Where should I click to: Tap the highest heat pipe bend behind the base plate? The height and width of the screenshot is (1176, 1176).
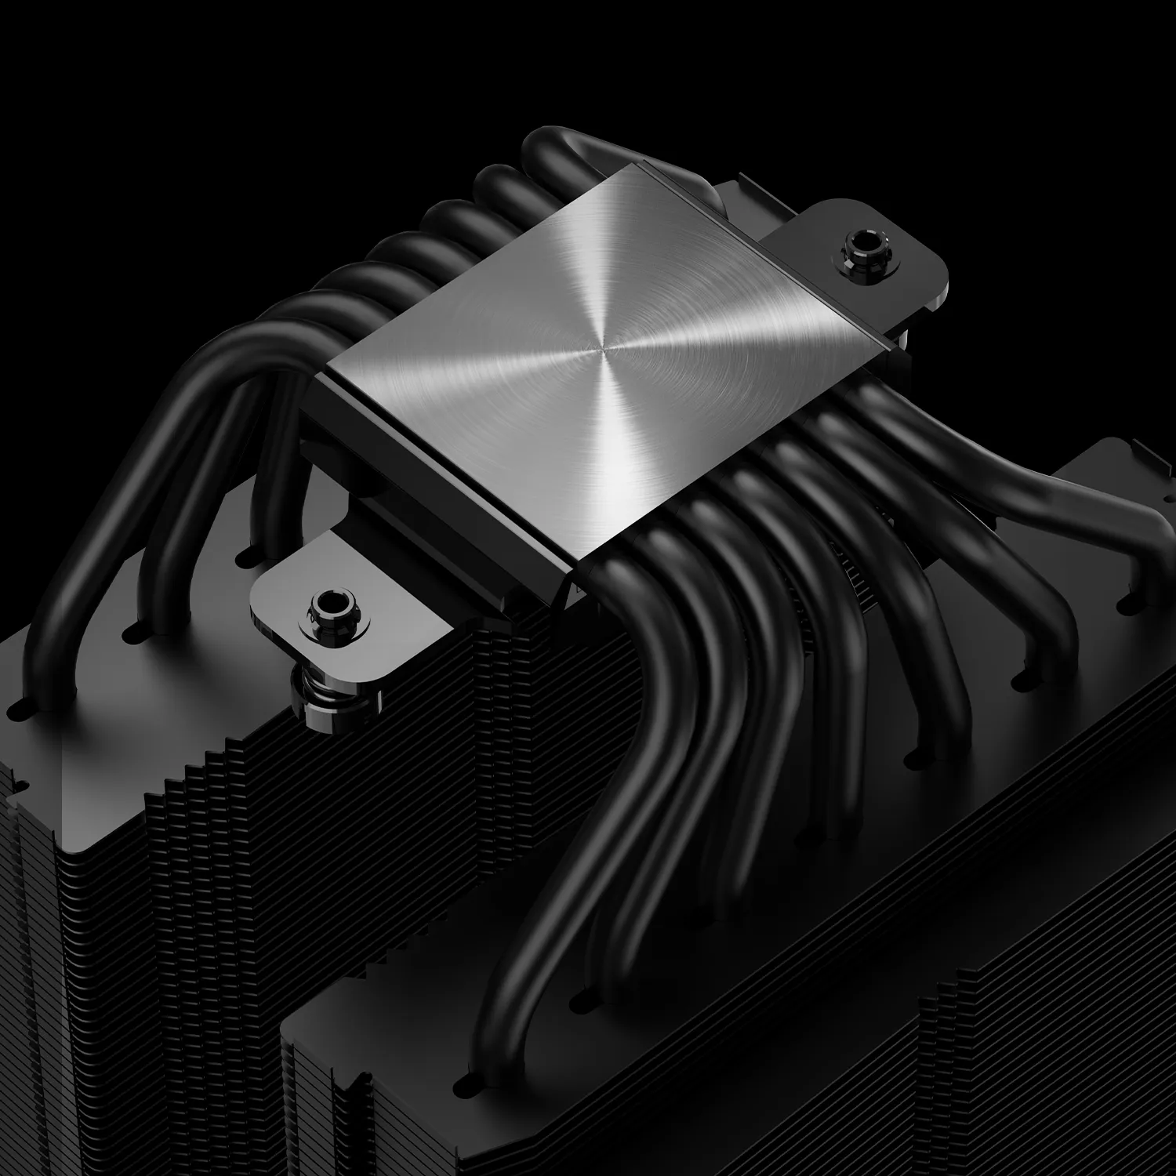(x=564, y=145)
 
